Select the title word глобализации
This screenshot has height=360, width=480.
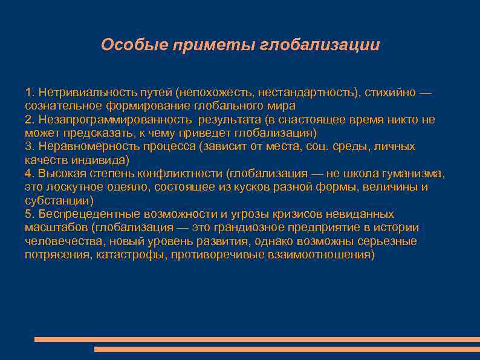coord(320,45)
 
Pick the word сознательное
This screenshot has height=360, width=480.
coord(59,105)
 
